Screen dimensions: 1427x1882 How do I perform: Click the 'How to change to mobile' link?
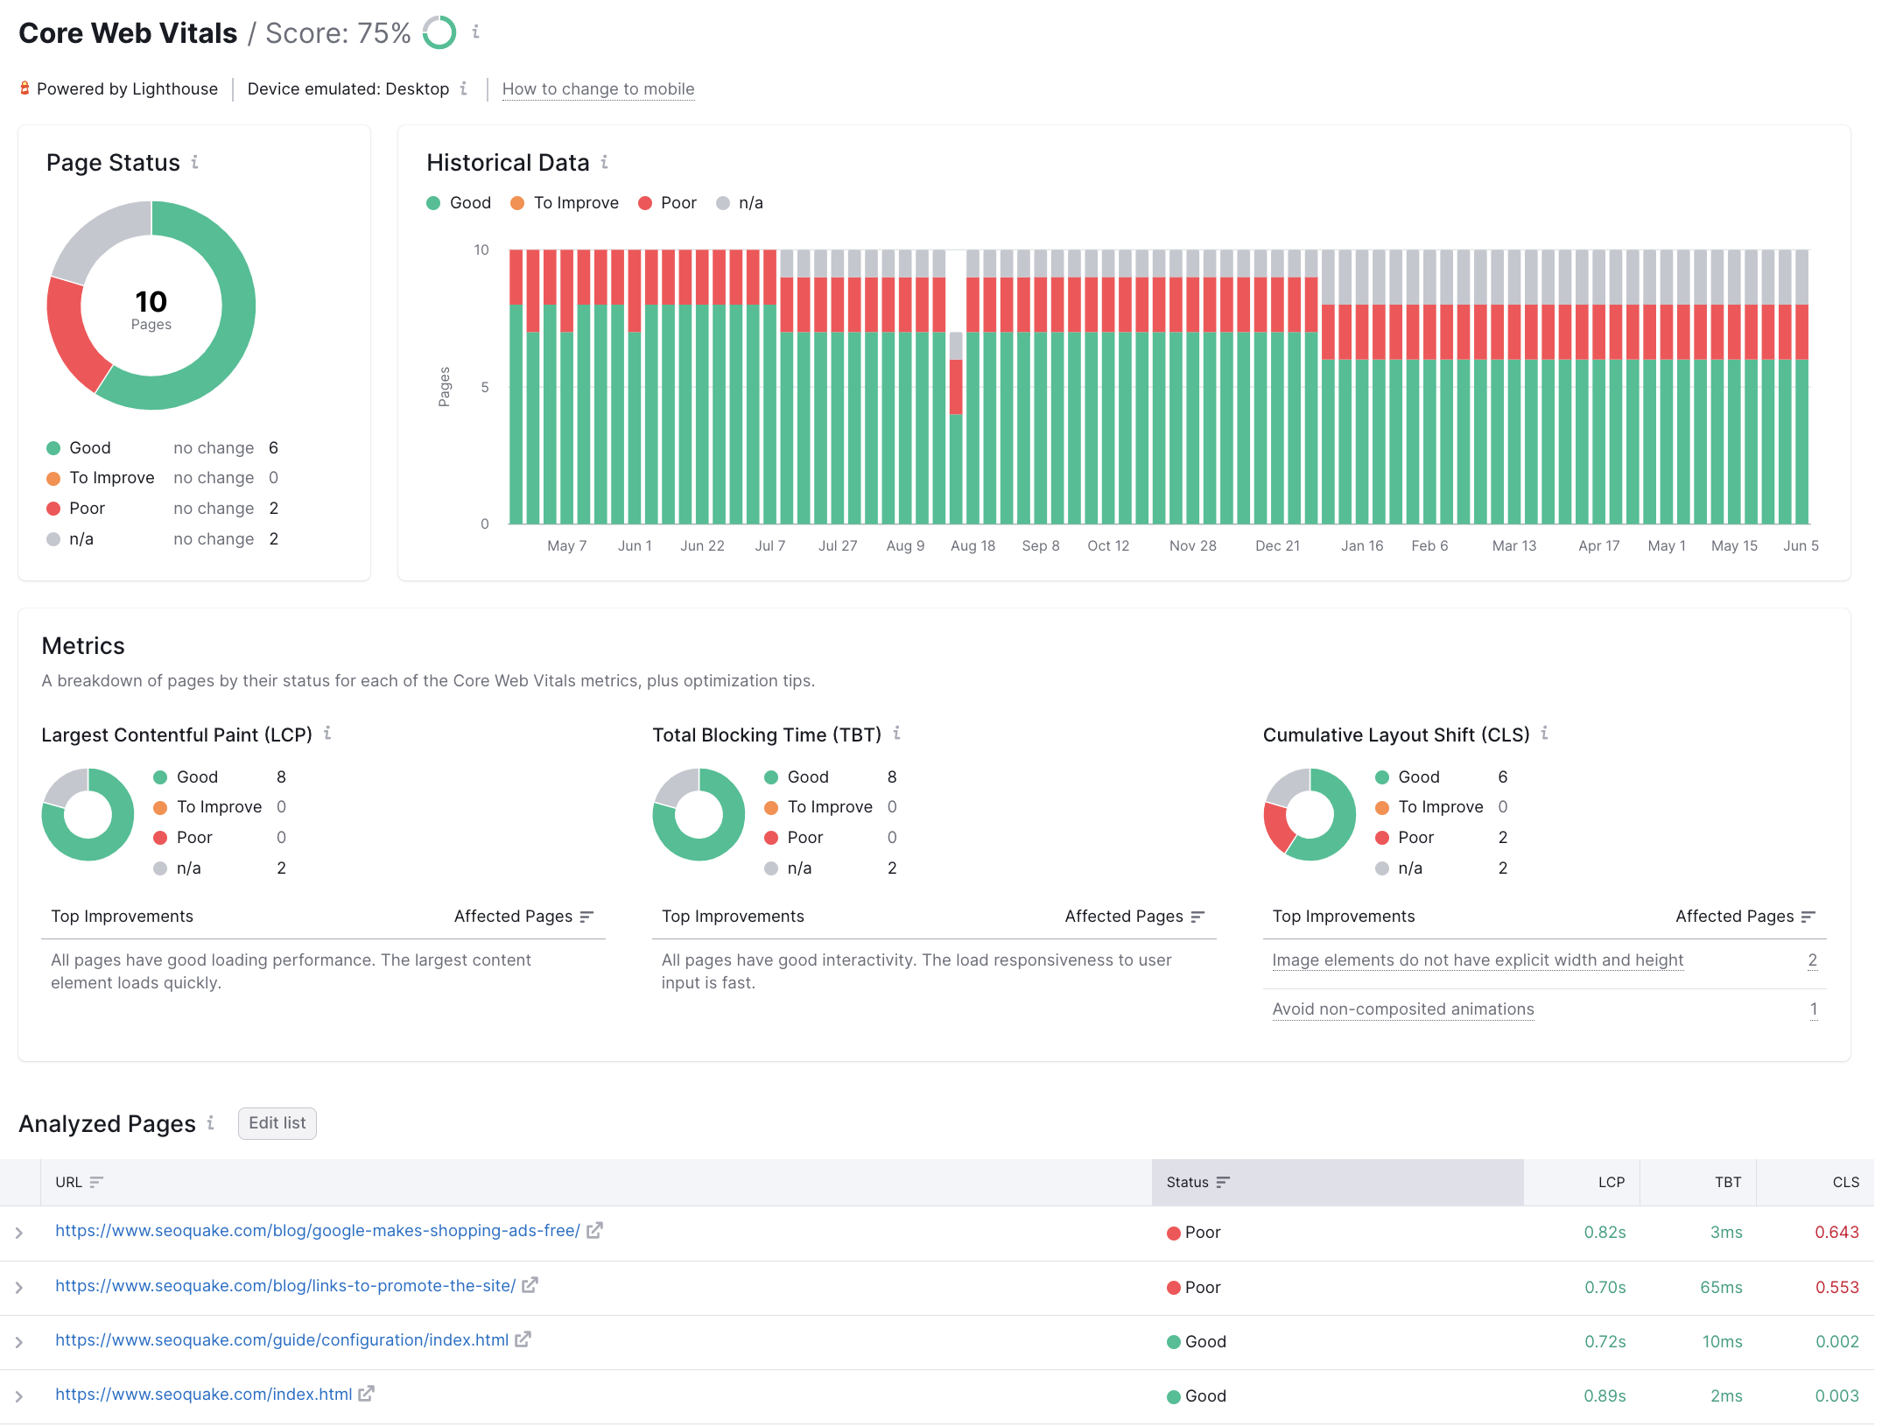tap(598, 89)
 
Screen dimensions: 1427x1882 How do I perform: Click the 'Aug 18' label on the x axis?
tap(973, 545)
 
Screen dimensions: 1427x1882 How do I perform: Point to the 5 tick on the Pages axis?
tap(485, 387)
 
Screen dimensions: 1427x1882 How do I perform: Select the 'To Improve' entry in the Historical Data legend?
tap(575, 203)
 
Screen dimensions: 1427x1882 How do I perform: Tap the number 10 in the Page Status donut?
tap(151, 302)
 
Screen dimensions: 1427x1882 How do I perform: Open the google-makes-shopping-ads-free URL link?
tap(317, 1231)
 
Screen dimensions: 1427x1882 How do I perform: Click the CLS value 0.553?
tap(1836, 1287)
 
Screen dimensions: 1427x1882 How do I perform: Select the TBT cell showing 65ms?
tap(1720, 1287)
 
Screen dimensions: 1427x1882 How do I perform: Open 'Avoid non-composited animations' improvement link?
tap(1402, 1009)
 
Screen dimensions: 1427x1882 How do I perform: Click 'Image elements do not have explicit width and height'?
tap(1477, 960)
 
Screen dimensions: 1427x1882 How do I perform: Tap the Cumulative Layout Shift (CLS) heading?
tap(1395, 735)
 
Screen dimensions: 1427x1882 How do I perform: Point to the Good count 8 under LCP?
tap(281, 777)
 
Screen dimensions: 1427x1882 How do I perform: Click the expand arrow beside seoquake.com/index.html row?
tap(19, 1396)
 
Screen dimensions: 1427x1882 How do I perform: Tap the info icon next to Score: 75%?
tap(475, 32)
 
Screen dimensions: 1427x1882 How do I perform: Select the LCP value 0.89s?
tap(1604, 1396)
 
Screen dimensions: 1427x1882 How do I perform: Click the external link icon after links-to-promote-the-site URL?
tap(530, 1285)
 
